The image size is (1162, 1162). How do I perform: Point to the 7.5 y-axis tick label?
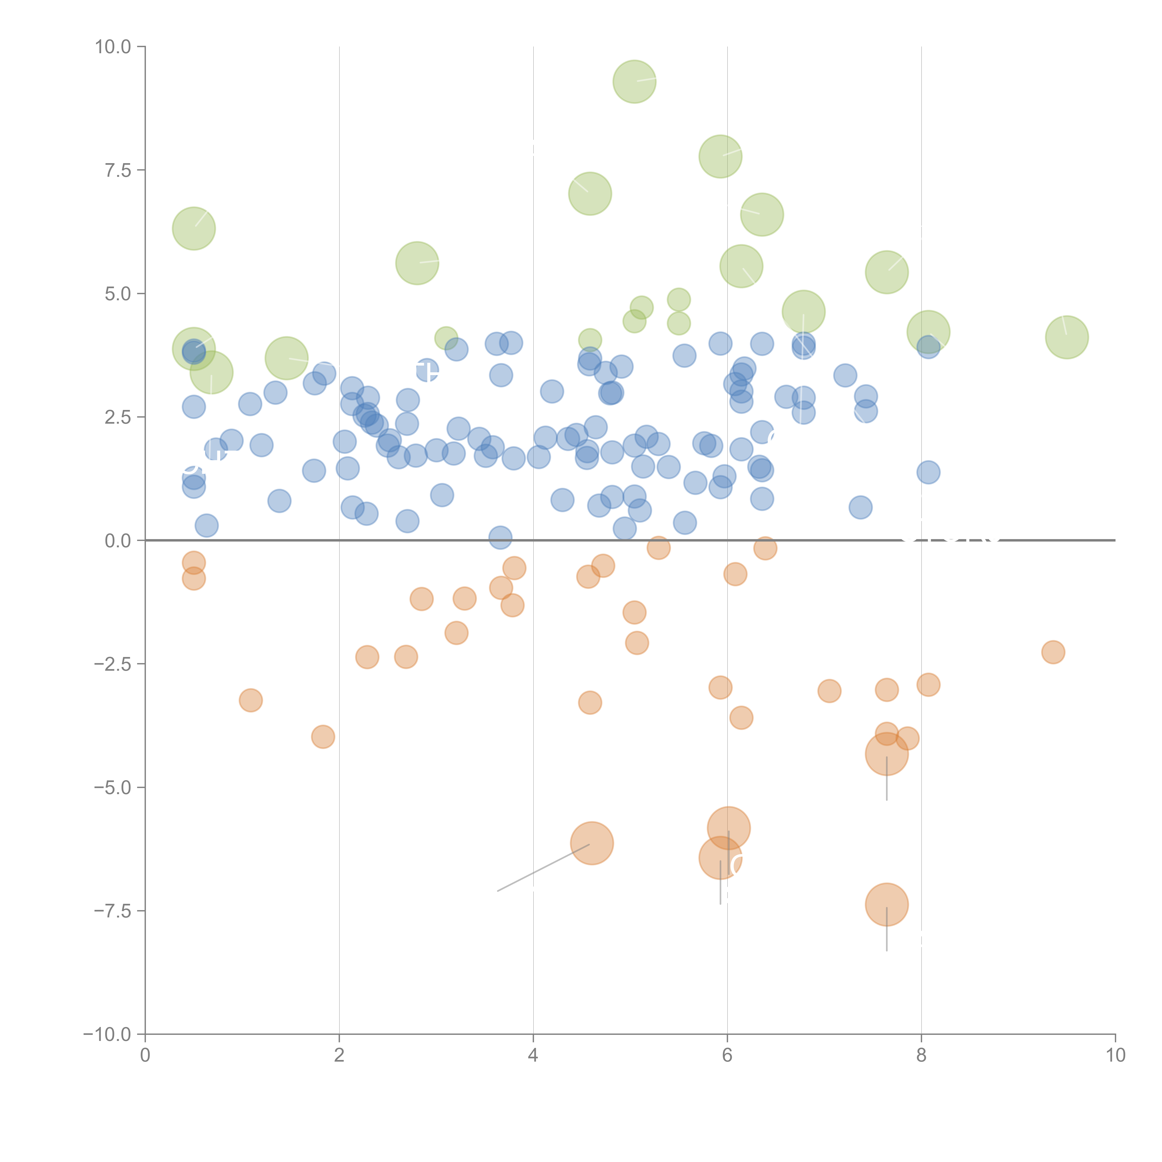117,170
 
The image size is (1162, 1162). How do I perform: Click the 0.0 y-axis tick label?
117,541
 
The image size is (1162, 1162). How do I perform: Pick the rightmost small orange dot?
1053,652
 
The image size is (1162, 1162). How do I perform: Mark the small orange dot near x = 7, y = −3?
829,690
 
